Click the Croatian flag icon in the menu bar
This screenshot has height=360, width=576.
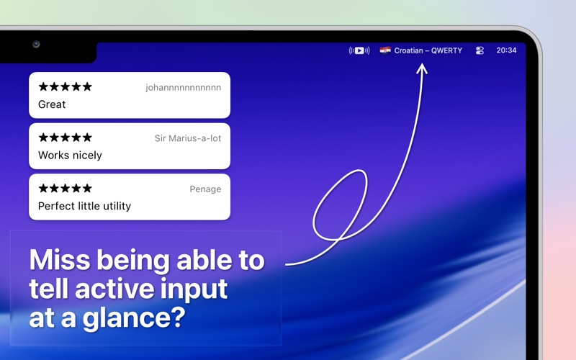coord(385,50)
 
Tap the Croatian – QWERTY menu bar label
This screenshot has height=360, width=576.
coord(428,50)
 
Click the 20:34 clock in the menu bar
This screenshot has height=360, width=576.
coord(506,50)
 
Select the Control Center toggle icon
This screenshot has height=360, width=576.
coord(480,50)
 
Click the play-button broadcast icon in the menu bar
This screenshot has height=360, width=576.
coord(359,50)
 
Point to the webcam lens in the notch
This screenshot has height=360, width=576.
coord(36,45)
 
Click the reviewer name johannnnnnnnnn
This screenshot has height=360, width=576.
coord(184,87)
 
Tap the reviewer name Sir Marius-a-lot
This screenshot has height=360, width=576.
coord(188,138)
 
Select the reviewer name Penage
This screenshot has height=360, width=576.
coord(205,189)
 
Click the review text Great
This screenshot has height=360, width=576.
coord(52,104)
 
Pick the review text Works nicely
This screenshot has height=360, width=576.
coord(70,156)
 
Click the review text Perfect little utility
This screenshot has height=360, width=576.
coord(84,206)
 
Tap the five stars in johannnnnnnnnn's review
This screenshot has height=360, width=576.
coord(65,86)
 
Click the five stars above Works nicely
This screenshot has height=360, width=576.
coord(65,138)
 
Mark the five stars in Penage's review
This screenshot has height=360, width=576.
coord(65,188)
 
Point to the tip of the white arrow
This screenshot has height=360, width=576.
coord(422,64)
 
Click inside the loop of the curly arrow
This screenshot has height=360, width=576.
coord(340,206)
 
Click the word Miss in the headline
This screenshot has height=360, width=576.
coord(60,260)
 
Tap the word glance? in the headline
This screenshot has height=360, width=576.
coord(134,318)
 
